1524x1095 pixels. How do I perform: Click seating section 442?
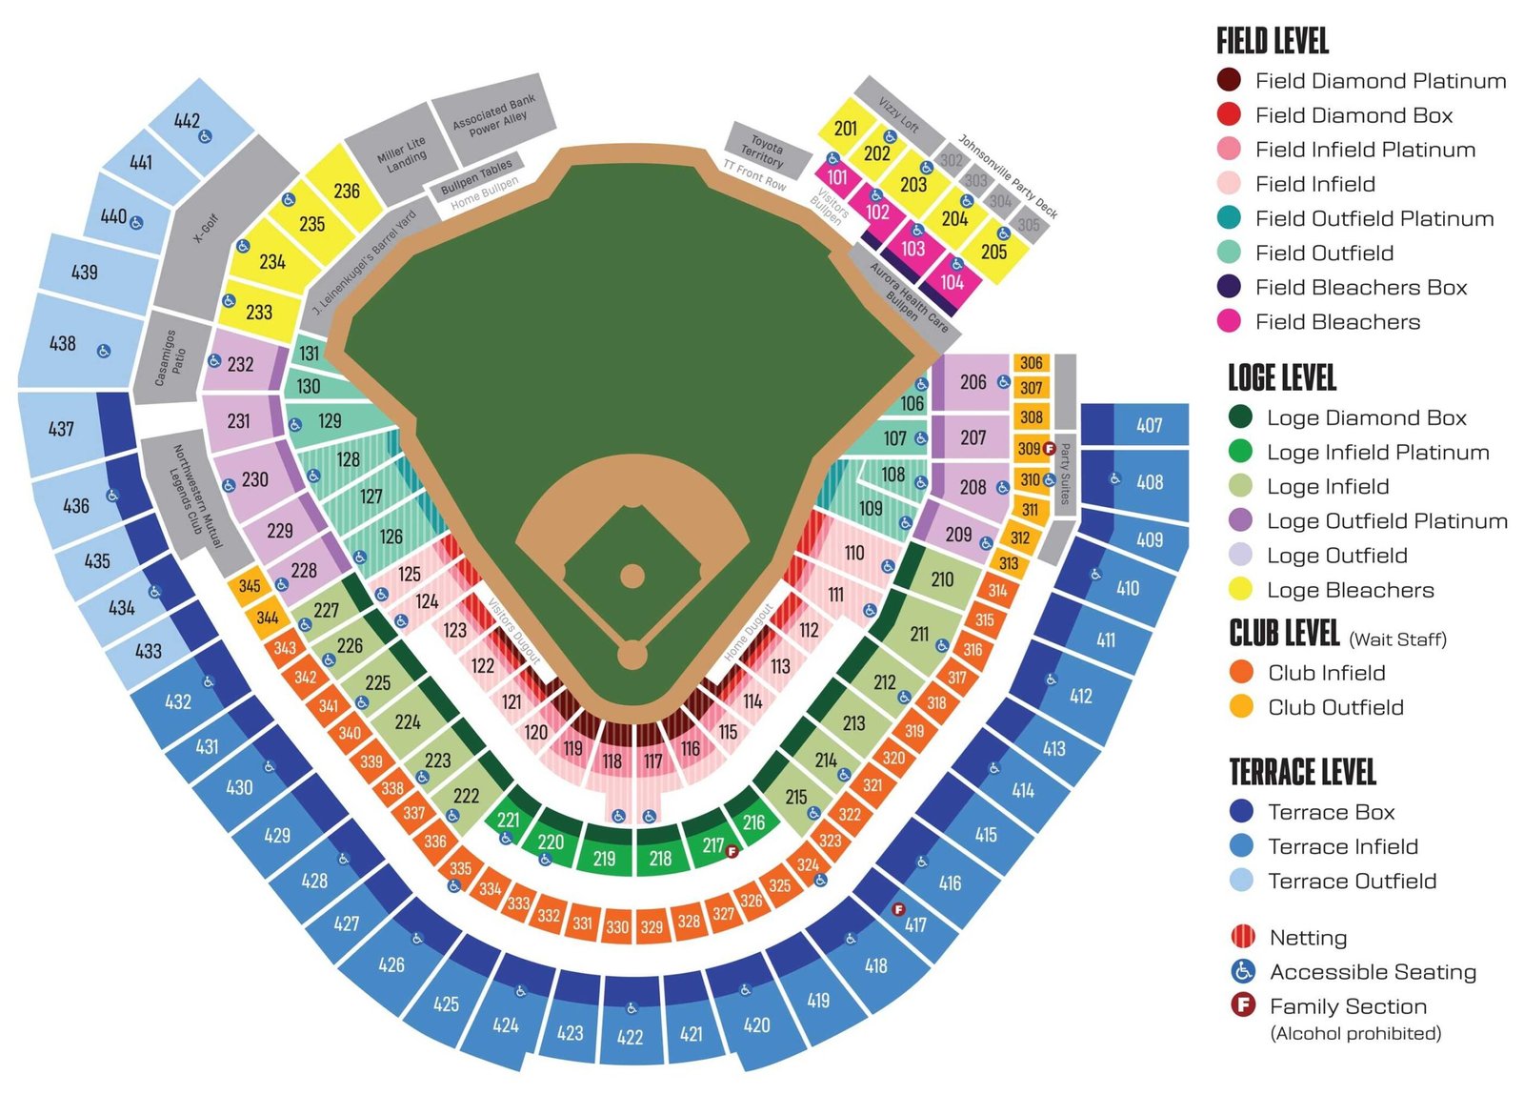[188, 121]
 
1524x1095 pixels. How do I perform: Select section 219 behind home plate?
[604, 859]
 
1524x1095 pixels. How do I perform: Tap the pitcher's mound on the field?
[632, 577]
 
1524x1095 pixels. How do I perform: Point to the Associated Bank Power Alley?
[494, 116]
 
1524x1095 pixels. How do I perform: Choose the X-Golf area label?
[206, 228]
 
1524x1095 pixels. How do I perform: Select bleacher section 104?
[952, 282]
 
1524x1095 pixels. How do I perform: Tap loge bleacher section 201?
[846, 129]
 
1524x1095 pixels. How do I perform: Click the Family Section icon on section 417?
[897, 909]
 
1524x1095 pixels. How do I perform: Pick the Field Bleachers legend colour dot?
[1229, 322]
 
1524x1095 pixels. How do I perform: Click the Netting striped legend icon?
[1242, 937]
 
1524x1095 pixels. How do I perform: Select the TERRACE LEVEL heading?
[1302, 772]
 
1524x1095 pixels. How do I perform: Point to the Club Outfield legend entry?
[1335, 707]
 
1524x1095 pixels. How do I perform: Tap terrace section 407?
[1150, 425]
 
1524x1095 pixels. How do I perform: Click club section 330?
[617, 926]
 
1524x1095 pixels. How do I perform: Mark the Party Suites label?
[1065, 474]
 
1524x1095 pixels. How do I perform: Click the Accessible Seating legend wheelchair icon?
[1242, 971]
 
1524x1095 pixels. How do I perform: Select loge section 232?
[240, 364]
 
